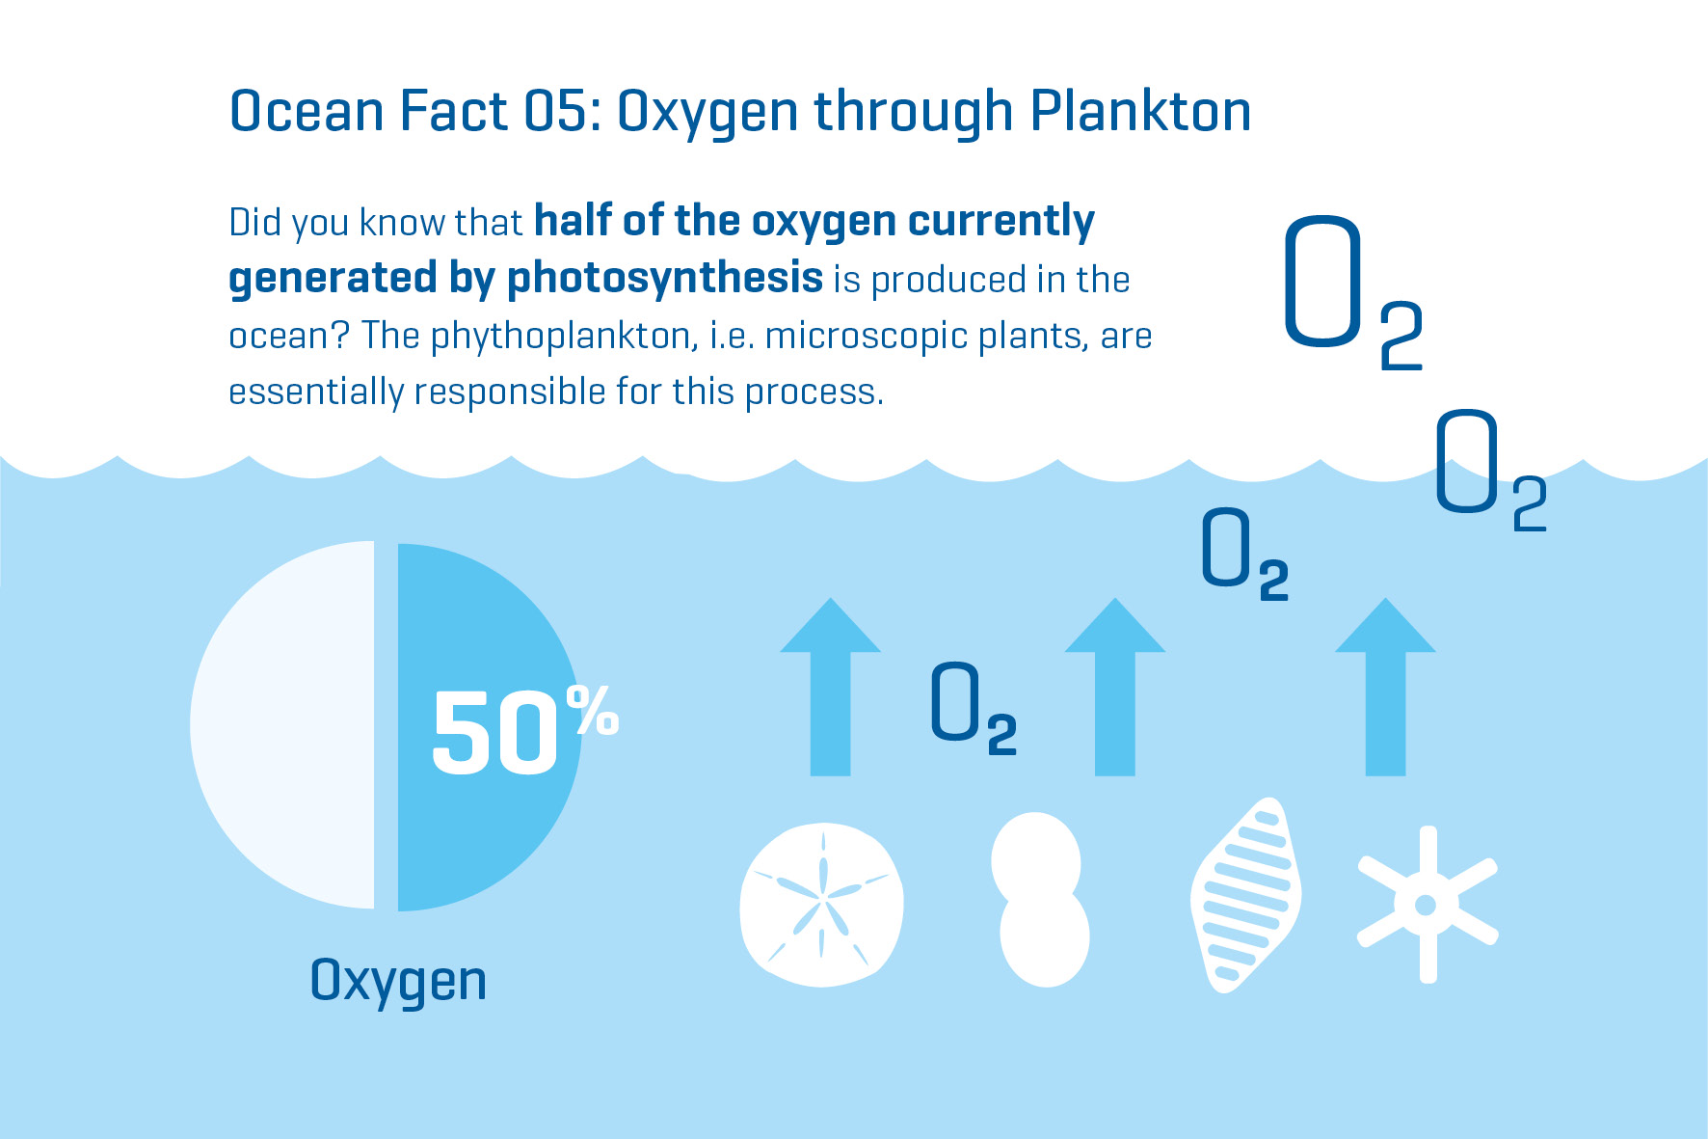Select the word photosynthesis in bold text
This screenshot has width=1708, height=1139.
coord(665,278)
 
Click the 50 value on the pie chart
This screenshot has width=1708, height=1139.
coord(494,733)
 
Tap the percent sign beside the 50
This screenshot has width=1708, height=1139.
coord(593,710)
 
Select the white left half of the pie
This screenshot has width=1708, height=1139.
coord(281,725)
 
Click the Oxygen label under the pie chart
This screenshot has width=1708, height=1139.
coord(398,982)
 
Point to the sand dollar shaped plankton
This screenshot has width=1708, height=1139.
coord(821,904)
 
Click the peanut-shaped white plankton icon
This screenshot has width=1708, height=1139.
coord(1040,900)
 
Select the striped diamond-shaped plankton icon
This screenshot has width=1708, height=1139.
coord(1246,894)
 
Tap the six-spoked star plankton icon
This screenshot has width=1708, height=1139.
coord(1428,905)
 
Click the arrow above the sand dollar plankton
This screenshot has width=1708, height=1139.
coord(830,687)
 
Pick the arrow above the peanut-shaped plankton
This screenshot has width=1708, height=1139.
coord(1115,687)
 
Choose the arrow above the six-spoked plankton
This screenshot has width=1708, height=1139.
coord(1385,687)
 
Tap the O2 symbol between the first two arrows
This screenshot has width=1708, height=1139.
coord(974,707)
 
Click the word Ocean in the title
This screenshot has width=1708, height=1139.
coord(307,111)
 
